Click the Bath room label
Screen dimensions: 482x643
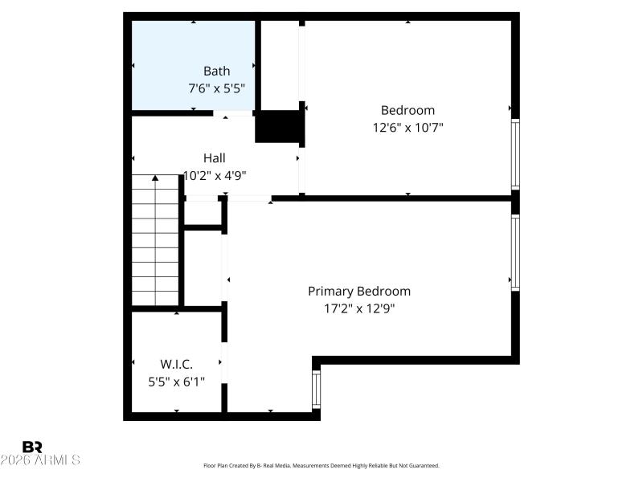pyautogui.click(x=216, y=71)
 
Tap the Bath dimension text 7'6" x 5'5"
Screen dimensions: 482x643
pyautogui.click(x=216, y=88)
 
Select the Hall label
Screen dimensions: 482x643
pyautogui.click(x=214, y=158)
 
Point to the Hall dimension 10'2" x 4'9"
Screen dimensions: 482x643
pyautogui.click(x=214, y=175)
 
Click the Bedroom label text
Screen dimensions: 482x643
pyautogui.click(x=408, y=110)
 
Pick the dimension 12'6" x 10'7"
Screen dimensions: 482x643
pyautogui.click(x=408, y=127)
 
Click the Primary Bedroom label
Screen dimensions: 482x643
pyautogui.click(x=359, y=291)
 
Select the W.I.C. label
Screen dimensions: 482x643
pyautogui.click(x=176, y=365)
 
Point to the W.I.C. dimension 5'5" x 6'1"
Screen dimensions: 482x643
pyautogui.click(x=176, y=382)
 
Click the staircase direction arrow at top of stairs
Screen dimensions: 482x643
pyautogui.click(x=155, y=178)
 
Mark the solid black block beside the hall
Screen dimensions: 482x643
pyautogui.click(x=278, y=127)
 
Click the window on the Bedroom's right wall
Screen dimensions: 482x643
pyautogui.click(x=515, y=153)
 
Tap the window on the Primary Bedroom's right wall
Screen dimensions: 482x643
pyautogui.click(x=515, y=252)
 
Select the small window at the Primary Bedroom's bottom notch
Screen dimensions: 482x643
pyautogui.click(x=316, y=387)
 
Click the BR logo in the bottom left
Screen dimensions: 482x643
pyautogui.click(x=32, y=447)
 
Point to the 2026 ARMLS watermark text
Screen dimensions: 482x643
pyautogui.click(x=40, y=460)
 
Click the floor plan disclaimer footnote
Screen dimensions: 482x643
pyautogui.click(x=321, y=466)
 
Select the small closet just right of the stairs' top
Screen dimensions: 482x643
pyautogui.click(x=203, y=213)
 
